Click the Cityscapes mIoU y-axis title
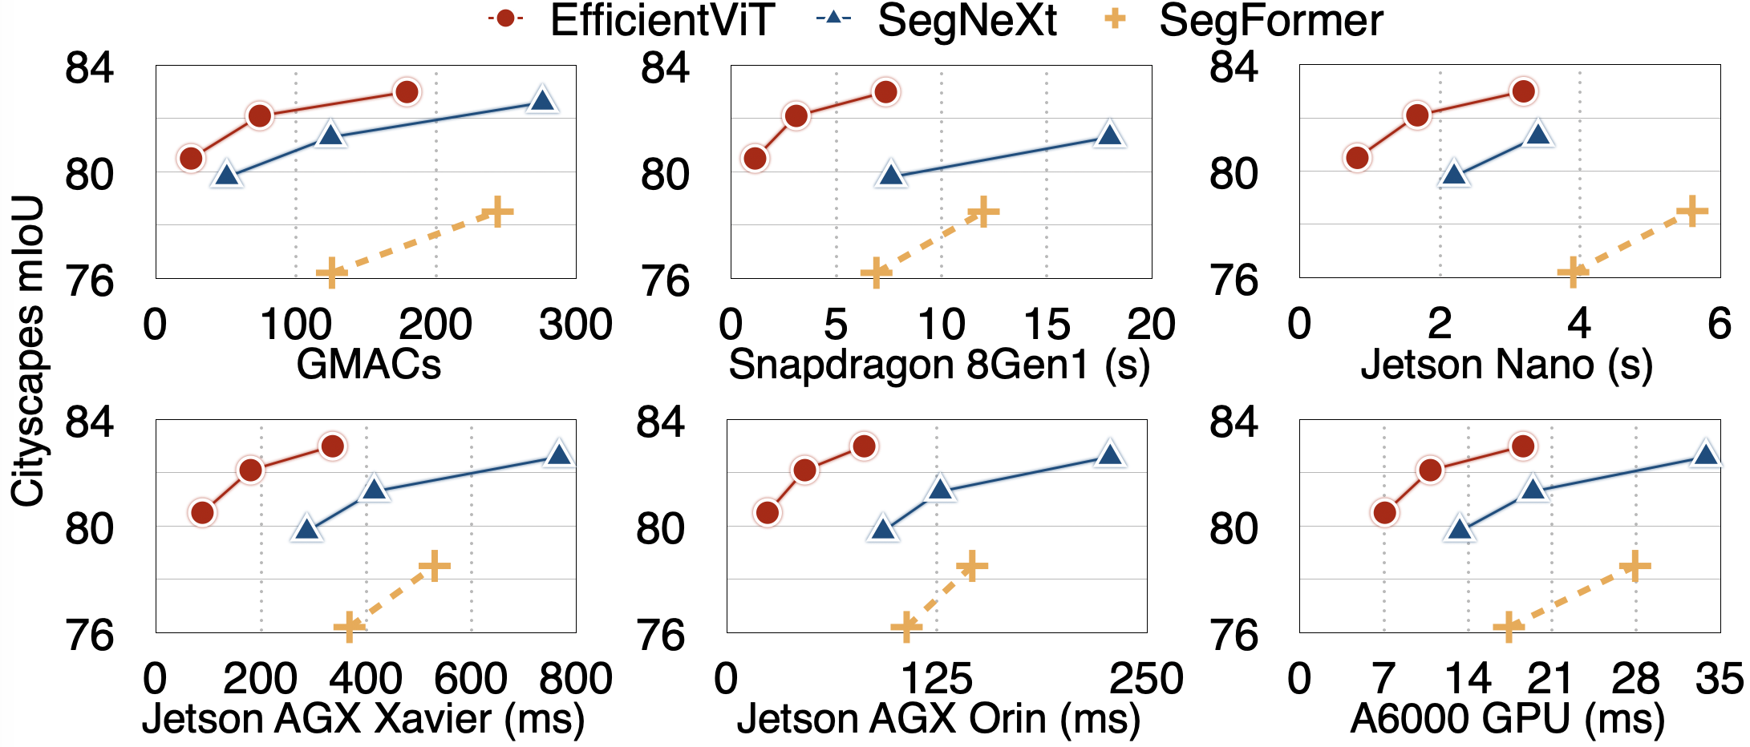(x=28, y=351)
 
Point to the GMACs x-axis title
(x=368, y=365)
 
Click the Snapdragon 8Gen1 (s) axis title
(x=939, y=365)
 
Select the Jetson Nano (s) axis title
(x=1507, y=365)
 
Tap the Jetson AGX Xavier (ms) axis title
(x=363, y=719)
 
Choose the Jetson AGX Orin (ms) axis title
(x=938, y=719)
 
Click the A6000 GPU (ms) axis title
(x=1508, y=719)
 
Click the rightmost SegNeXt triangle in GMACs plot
(x=543, y=100)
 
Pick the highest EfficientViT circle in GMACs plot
(x=407, y=92)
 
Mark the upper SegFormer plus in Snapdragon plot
(x=983, y=212)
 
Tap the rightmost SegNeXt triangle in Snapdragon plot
(x=1110, y=135)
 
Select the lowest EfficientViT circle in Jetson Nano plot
(x=1357, y=158)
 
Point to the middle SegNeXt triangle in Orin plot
(x=941, y=489)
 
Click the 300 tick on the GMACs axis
(x=576, y=325)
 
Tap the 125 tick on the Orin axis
(x=937, y=679)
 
